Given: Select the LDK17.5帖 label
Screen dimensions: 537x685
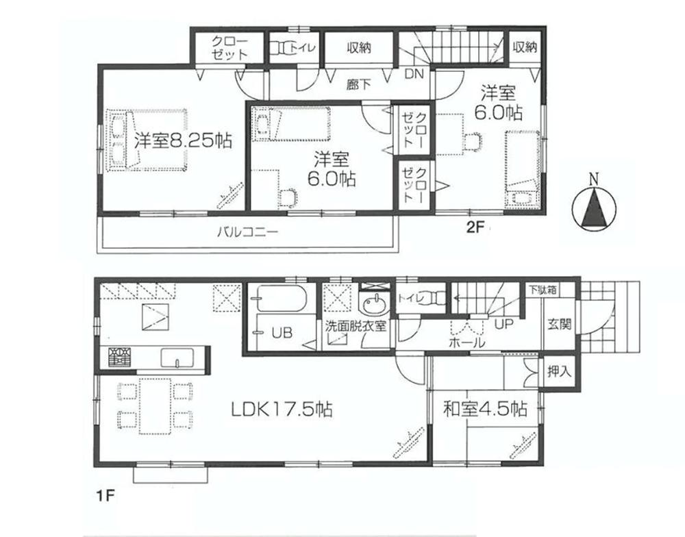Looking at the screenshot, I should click(282, 410).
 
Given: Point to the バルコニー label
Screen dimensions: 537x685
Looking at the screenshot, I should click(247, 232).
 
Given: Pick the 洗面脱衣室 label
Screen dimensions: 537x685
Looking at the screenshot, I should click(356, 326).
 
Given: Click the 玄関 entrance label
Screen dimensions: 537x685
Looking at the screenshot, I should click(560, 324).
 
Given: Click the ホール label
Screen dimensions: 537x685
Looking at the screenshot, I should click(467, 342).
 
